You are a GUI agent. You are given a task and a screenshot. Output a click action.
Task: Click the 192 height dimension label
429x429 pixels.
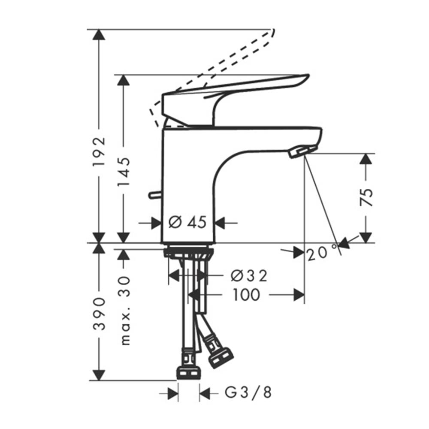[100, 152]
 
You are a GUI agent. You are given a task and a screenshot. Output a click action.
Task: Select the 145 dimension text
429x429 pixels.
[124, 171]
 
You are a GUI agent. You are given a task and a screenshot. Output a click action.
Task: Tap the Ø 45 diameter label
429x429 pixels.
[187, 222]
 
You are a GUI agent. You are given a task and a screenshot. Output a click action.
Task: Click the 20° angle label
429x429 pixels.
[322, 254]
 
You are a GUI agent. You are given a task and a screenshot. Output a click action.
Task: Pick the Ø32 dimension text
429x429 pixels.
[249, 276]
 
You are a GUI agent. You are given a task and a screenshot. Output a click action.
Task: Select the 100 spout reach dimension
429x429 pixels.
[246, 295]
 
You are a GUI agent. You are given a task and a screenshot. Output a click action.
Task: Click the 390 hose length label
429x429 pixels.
[100, 313]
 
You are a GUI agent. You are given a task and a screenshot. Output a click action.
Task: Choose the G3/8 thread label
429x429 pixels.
[248, 393]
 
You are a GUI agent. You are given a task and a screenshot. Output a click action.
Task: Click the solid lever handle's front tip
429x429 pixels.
[307, 77]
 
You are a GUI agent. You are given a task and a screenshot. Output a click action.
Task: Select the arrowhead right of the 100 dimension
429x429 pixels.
[299, 295]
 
